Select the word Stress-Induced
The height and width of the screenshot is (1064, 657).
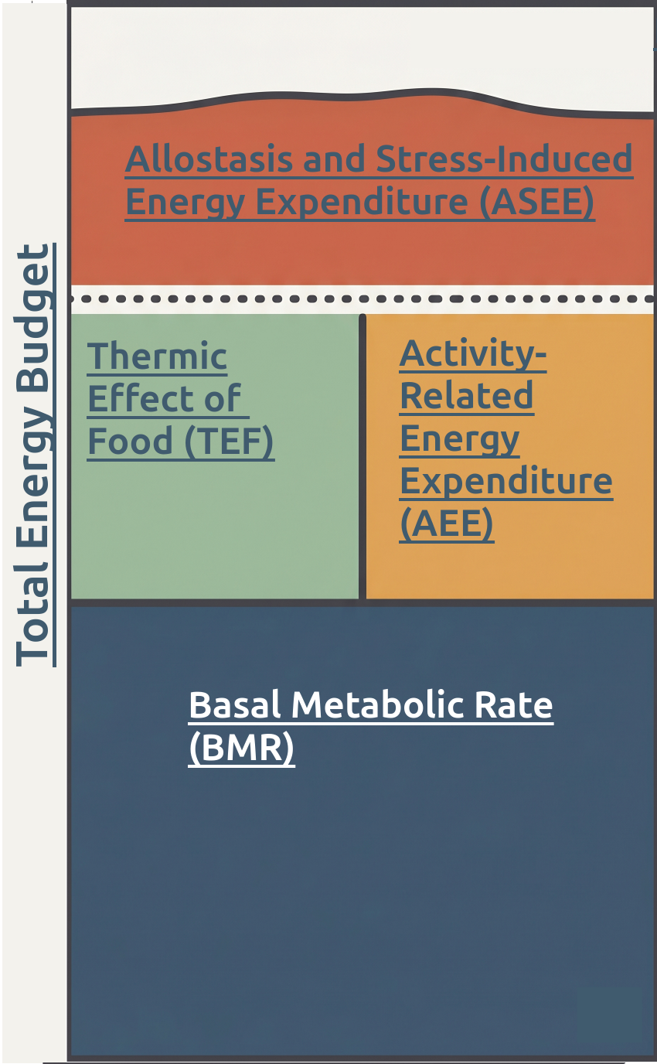point(505,159)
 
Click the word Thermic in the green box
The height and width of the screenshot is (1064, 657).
point(157,356)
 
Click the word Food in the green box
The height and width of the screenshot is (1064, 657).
point(130,441)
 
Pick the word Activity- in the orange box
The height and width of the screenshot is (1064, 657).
point(473,354)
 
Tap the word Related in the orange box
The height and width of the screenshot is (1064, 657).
point(466,397)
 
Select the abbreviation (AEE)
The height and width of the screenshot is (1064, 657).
point(447,524)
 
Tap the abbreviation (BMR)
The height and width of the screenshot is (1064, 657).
point(241,749)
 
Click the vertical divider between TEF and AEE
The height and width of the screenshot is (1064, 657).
point(362,456)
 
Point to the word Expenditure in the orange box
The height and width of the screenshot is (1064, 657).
point(506,482)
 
